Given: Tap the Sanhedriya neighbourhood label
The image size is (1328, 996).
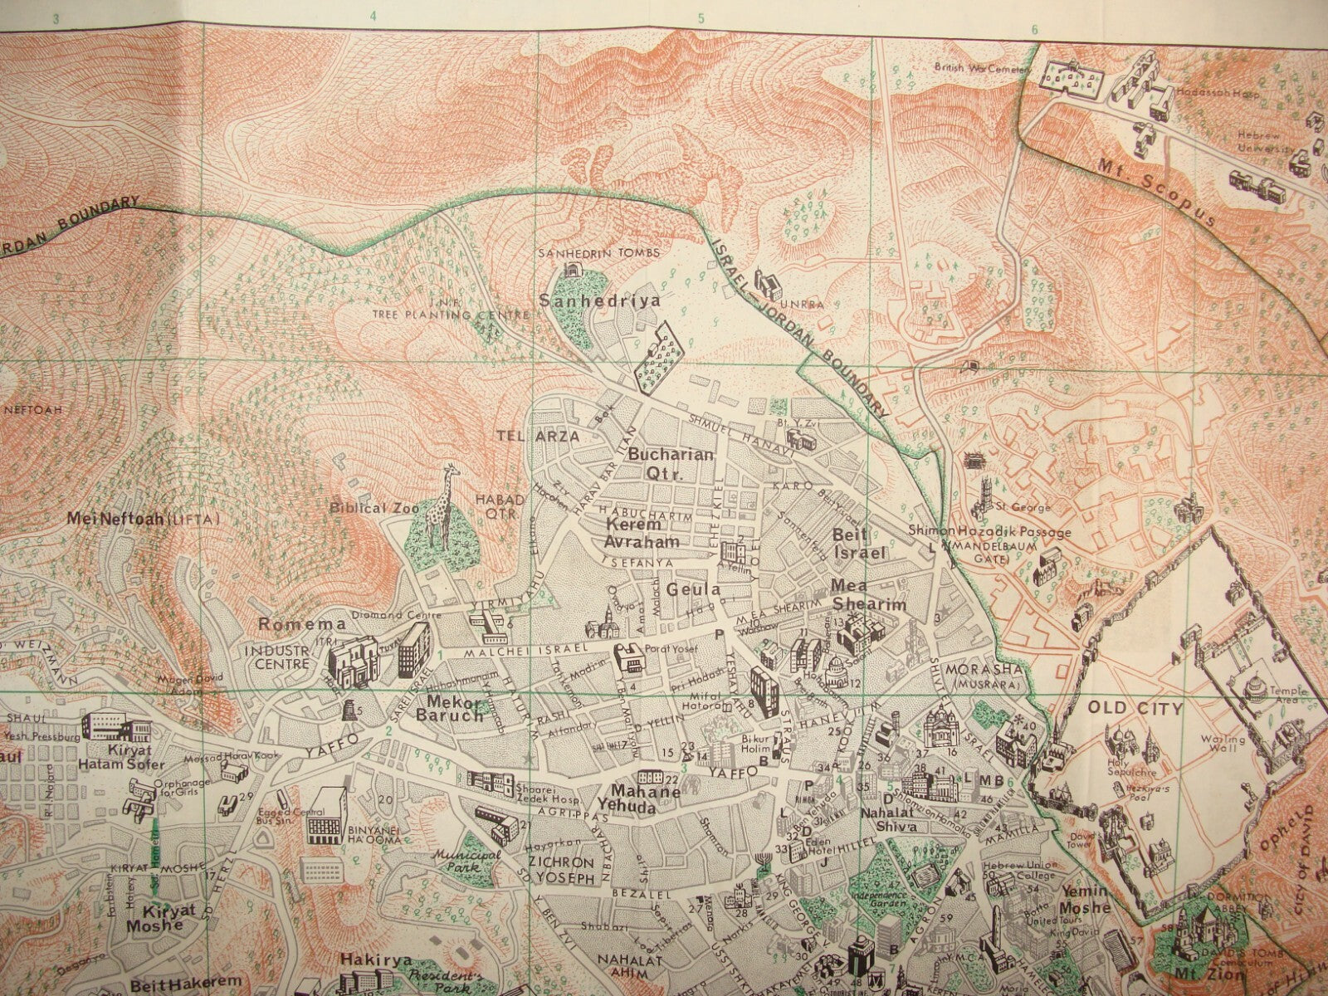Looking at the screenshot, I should tap(600, 300).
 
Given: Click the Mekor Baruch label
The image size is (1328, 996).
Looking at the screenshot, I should tap(449, 710).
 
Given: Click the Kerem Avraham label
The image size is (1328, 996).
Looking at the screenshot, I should tap(642, 533).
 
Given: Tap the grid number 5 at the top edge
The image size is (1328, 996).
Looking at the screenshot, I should tap(701, 17).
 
